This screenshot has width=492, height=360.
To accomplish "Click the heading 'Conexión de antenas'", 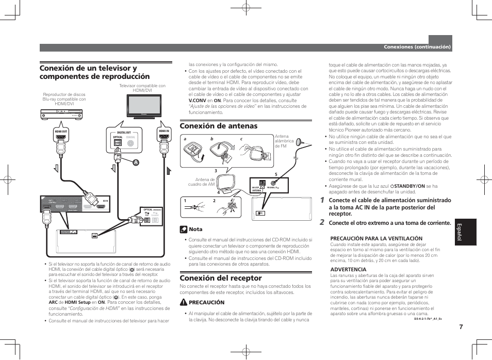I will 218,126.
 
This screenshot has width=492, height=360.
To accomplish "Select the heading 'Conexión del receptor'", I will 221,278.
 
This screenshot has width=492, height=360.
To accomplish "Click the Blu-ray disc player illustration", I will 62,116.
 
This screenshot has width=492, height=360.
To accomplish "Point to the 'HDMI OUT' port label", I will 61,132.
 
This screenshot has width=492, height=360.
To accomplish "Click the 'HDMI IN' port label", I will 164,132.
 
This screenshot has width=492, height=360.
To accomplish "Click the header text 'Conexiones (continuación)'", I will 417,47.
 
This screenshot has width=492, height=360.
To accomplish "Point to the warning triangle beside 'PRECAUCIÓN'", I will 184,303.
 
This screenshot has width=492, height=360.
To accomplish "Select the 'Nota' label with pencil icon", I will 191,229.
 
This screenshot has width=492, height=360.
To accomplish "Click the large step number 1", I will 322,200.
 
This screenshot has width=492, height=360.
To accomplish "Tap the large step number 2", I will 322,223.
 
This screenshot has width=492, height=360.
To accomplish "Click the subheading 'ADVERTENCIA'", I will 348,269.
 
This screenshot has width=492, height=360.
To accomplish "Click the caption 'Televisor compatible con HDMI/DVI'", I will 142,88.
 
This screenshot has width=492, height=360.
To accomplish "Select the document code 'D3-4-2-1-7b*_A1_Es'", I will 428,318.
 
